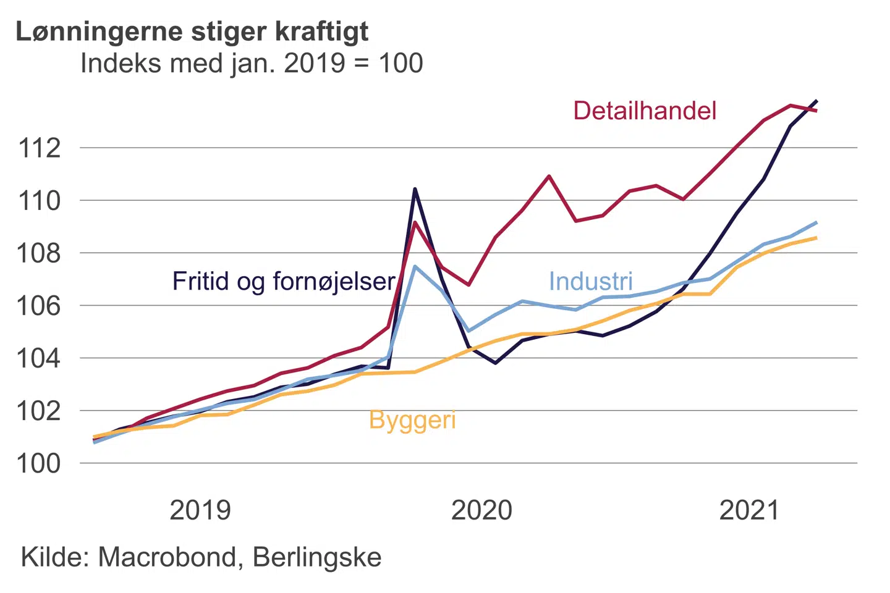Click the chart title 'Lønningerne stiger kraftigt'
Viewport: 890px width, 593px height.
(192, 31)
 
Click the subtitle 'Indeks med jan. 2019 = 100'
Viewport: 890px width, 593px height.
(252, 63)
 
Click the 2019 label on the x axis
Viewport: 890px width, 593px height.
(200, 510)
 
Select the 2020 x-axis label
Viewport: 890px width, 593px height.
(481, 510)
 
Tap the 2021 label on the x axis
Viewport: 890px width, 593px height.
(749, 510)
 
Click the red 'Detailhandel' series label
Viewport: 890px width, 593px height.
(645, 111)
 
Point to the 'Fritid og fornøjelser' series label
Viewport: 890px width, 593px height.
(284, 282)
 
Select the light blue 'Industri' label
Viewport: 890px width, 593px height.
(591, 282)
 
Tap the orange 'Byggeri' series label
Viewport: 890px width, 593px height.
(412, 420)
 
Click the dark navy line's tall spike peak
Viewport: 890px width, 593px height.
(415, 189)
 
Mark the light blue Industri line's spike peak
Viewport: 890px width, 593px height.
(415, 266)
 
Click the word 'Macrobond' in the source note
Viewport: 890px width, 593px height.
(167, 557)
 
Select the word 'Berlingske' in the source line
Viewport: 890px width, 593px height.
(317, 557)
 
